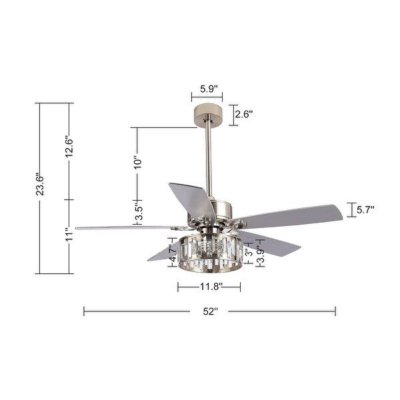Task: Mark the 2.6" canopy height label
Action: point(243,115)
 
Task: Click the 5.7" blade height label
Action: point(365,210)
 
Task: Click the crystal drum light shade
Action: point(209,253)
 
